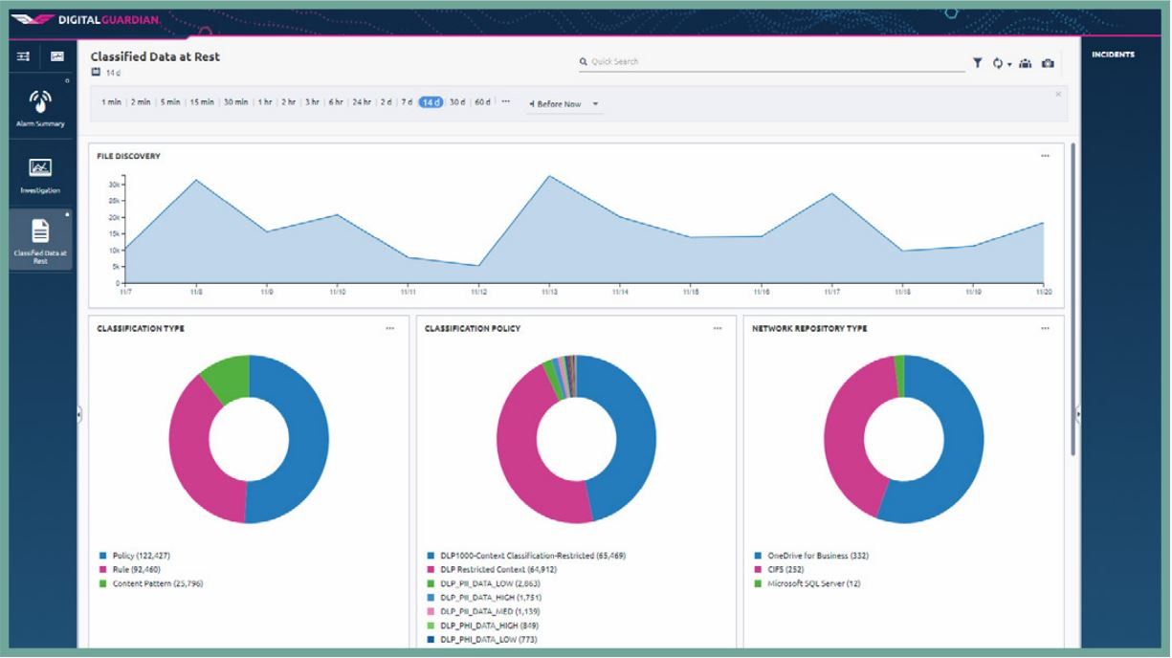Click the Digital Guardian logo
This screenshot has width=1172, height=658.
(x=87, y=18)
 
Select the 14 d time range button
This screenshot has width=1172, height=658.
(x=431, y=102)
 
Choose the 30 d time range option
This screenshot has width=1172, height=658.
(x=457, y=102)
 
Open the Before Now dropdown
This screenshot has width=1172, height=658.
(x=564, y=103)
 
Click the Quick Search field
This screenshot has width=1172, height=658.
(x=765, y=61)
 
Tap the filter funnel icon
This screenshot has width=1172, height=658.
(x=977, y=62)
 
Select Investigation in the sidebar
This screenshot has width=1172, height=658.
(x=39, y=175)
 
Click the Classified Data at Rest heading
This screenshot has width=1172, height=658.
(x=155, y=56)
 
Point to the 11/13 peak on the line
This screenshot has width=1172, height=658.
(x=549, y=176)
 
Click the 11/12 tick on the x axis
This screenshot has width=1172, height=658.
(x=478, y=290)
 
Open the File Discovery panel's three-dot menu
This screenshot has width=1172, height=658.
(x=1045, y=156)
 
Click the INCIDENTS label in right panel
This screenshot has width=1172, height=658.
(x=1113, y=55)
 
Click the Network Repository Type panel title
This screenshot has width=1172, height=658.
(x=809, y=328)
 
